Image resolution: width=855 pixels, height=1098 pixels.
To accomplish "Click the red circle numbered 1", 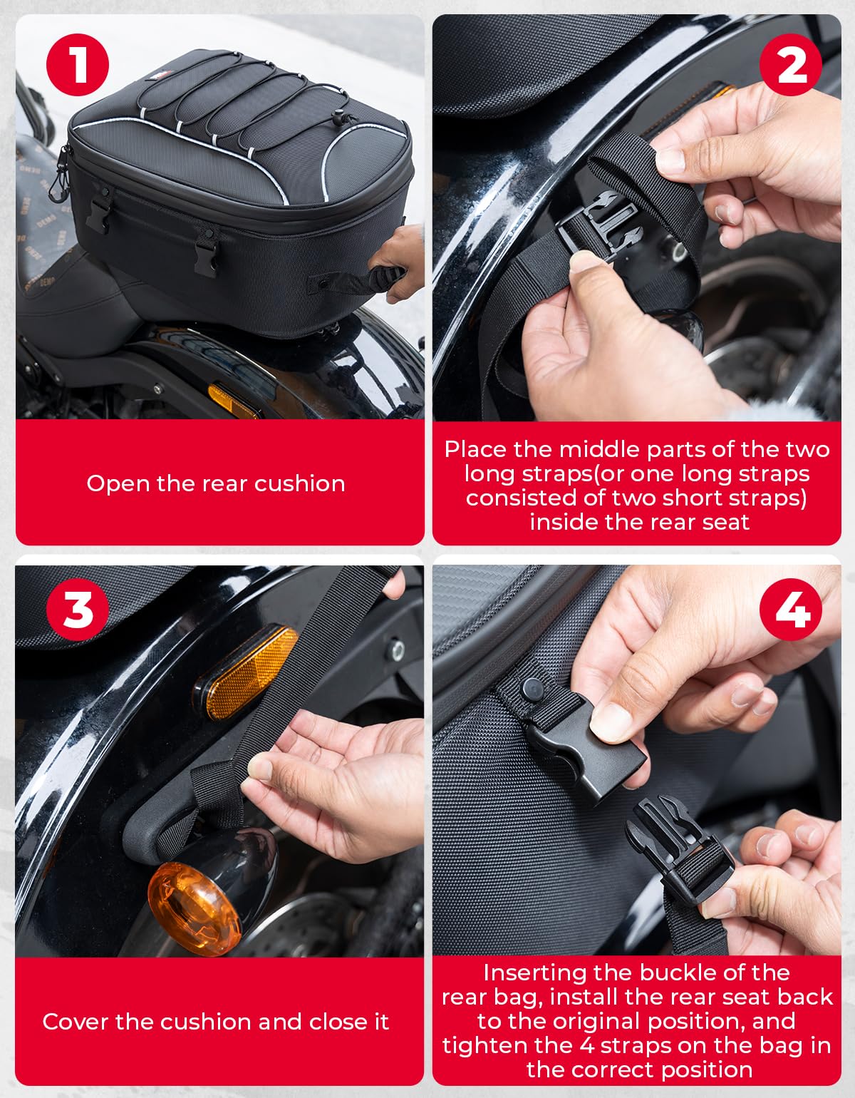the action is tap(77, 65).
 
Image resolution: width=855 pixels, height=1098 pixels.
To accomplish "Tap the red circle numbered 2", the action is tap(791, 65).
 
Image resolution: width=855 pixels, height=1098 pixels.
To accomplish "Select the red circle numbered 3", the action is tap(77, 610).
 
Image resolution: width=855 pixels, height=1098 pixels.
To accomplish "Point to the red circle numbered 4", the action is tap(791, 610).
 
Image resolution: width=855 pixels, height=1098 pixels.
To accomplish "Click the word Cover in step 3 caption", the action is tap(76, 1022).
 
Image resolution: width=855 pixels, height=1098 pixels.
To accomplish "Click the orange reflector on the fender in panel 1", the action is tap(233, 400).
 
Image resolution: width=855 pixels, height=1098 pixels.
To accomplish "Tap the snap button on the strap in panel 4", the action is tap(532, 689).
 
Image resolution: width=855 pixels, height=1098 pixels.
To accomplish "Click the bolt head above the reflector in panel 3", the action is tap(397, 647).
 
